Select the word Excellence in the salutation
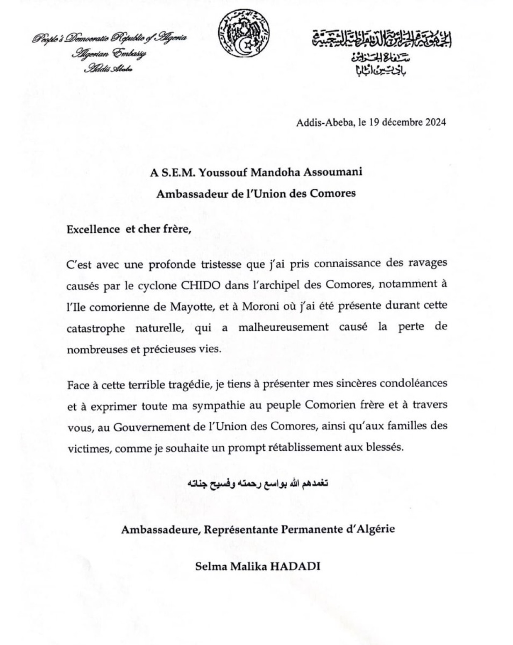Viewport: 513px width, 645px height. pyautogui.click(x=93, y=230)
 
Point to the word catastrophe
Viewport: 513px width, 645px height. pyautogui.click(x=95, y=328)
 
